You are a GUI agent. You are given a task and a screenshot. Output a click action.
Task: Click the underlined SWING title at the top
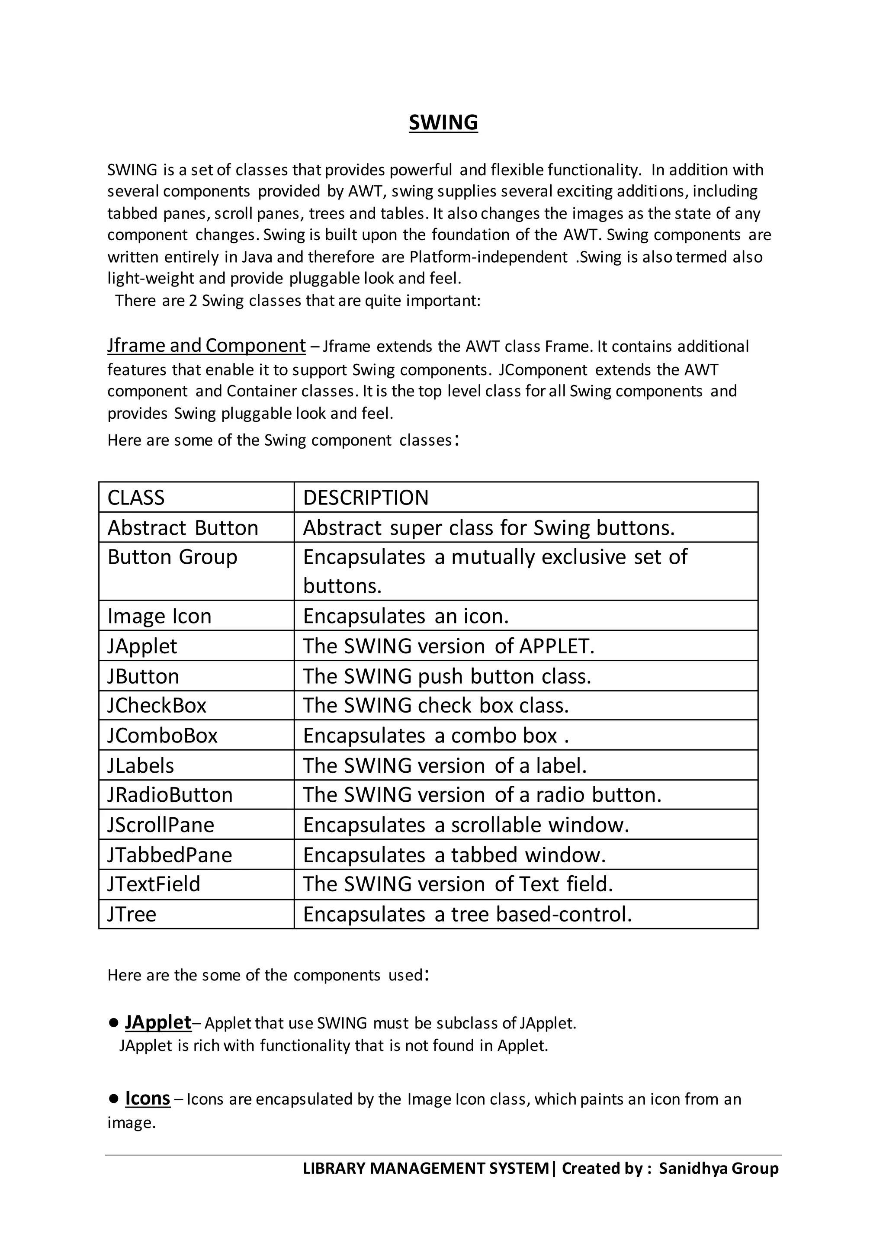point(443,122)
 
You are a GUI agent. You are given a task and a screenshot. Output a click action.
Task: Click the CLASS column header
point(136,498)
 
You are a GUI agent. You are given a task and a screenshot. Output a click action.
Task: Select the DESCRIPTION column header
point(366,498)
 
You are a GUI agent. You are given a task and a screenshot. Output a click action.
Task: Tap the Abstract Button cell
point(183,528)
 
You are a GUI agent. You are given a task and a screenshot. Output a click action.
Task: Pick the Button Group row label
point(173,557)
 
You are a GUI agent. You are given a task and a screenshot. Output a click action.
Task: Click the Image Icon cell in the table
point(159,616)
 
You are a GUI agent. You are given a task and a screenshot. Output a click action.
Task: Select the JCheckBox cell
point(157,706)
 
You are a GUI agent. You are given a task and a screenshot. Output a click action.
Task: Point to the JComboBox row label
point(163,736)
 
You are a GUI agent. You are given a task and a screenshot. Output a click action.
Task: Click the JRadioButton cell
point(170,795)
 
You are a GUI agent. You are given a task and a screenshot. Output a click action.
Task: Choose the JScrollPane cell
point(161,825)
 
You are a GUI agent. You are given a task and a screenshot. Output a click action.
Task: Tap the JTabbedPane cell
point(170,855)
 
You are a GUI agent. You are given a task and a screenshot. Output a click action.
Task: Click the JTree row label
point(132,914)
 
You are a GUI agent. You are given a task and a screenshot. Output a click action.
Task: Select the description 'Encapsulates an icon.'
point(406,616)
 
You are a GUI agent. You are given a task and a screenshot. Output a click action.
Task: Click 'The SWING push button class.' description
point(447,676)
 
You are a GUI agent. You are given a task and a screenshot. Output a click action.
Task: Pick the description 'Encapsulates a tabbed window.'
point(454,855)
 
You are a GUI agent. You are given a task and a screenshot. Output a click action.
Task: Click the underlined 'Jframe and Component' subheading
point(206,345)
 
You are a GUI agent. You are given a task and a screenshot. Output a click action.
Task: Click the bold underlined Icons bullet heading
point(148,1098)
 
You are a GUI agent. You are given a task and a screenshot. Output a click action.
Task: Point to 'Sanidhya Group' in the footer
point(719,1168)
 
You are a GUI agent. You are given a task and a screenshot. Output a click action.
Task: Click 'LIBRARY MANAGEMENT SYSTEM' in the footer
point(426,1168)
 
